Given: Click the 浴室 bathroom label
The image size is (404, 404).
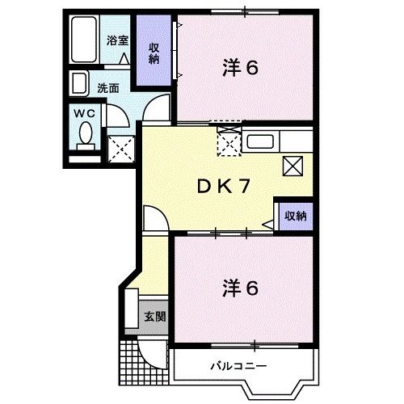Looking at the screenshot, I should (x=117, y=40).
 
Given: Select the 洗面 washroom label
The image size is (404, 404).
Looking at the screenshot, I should (x=107, y=86).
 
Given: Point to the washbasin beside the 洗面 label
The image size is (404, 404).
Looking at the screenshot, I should (x=79, y=83).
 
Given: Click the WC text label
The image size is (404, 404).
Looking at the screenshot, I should (x=84, y=113).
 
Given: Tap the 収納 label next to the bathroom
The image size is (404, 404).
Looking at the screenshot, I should (x=153, y=53).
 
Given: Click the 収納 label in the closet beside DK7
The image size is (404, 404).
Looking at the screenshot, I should (x=294, y=216).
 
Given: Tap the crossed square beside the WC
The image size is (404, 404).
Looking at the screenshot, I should (x=120, y=149).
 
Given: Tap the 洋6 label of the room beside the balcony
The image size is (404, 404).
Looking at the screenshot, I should (x=240, y=287).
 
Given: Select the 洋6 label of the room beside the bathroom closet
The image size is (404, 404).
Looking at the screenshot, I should (x=240, y=69).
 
